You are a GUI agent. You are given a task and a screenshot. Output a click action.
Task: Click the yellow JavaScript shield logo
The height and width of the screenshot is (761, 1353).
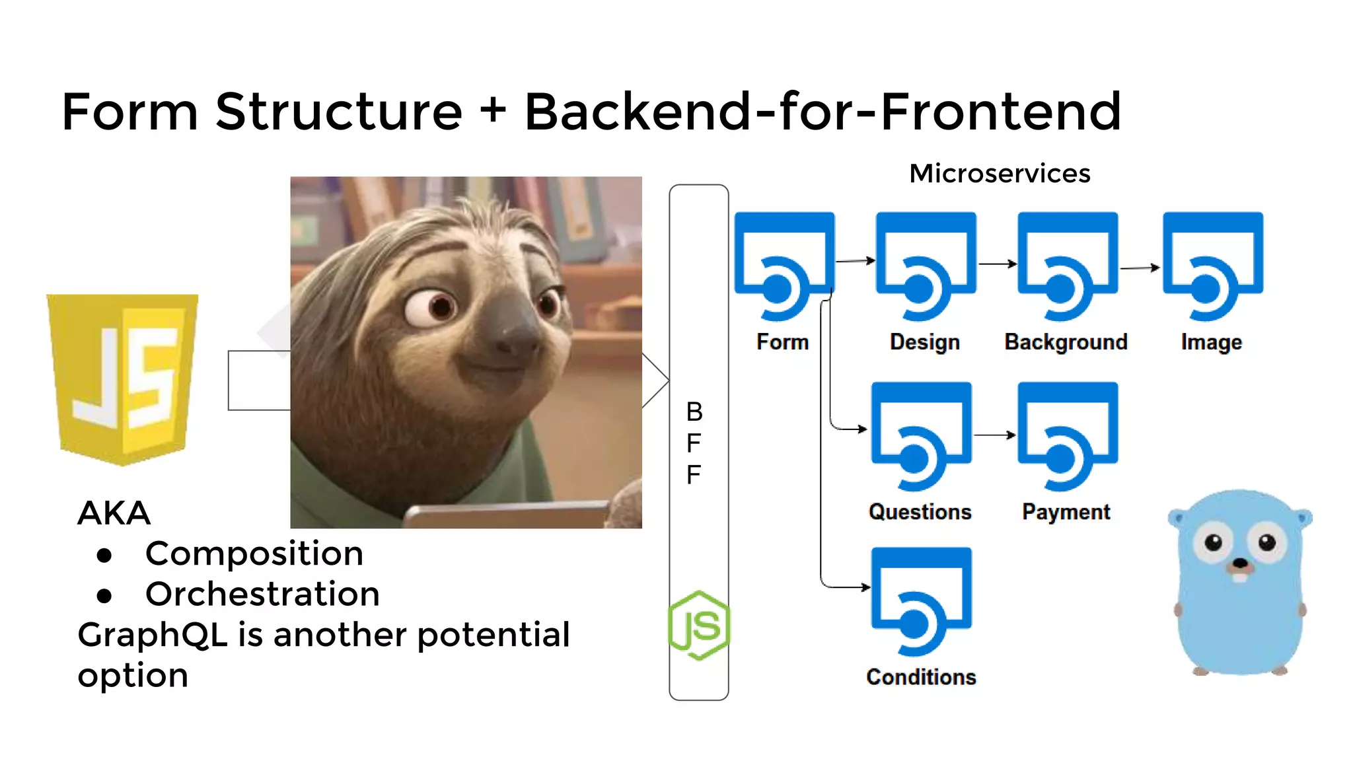pyautogui.click(x=122, y=379)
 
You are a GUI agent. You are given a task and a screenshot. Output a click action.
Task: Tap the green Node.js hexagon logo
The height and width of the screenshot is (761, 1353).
pyautogui.click(x=699, y=625)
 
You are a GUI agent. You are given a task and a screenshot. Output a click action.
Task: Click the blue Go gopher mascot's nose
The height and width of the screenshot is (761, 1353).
pyautogui.click(x=1240, y=563)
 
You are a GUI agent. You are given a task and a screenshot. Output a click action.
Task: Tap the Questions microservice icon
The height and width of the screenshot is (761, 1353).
pyautogui.click(x=921, y=435)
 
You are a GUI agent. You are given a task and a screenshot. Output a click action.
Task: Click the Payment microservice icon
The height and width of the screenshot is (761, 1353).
pyautogui.click(x=1067, y=435)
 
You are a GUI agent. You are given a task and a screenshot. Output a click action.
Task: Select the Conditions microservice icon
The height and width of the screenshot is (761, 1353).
pyautogui.click(x=921, y=600)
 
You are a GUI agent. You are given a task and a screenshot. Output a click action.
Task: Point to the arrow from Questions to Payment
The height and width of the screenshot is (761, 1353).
pyautogui.click(x=994, y=435)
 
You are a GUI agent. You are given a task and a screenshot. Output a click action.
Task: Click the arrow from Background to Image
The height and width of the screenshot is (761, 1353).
pyautogui.click(x=1140, y=268)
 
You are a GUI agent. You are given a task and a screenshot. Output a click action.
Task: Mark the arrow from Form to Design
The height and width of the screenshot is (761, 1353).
pyautogui.click(x=856, y=261)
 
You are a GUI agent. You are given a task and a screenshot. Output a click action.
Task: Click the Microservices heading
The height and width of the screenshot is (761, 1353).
pyautogui.click(x=999, y=174)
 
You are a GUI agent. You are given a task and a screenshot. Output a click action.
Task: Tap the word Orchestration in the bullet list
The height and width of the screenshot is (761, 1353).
pyautogui.click(x=262, y=594)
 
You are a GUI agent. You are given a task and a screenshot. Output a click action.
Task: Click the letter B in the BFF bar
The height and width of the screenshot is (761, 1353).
pyautogui.click(x=694, y=412)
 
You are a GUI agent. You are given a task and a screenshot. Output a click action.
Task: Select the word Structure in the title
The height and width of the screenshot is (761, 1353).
pyautogui.click(x=338, y=112)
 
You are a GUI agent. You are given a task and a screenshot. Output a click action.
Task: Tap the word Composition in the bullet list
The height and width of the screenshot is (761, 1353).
pyautogui.click(x=254, y=554)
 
